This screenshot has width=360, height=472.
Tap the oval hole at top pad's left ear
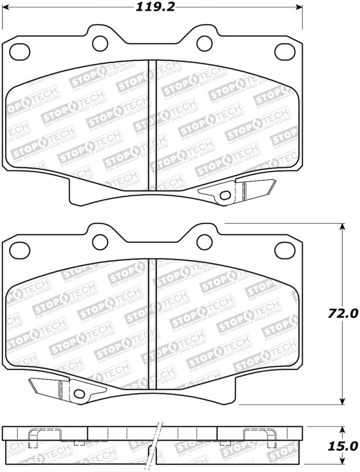tap(20, 50)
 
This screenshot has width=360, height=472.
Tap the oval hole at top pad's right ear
tap(285, 50)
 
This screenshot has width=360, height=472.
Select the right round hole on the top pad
tap(204, 43)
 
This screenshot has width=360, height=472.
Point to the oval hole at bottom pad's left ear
tap(20, 248)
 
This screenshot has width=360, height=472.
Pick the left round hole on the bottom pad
tap(100, 241)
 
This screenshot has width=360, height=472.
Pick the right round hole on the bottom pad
tap(204, 241)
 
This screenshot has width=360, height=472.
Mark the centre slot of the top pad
tap(153, 125)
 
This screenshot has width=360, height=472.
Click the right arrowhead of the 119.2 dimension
tap(300, 7)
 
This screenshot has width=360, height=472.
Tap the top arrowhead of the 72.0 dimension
tap(342, 226)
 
